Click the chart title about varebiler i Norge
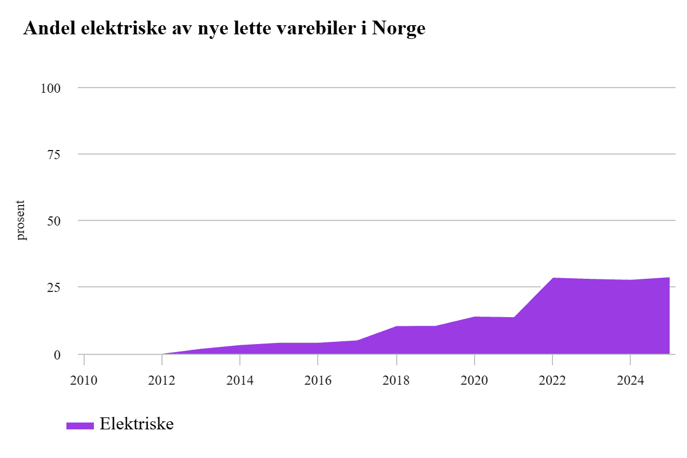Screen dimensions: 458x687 click(x=224, y=29)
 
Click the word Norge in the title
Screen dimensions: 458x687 click(x=398, y=29)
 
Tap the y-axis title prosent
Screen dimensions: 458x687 click(x=21, y=220)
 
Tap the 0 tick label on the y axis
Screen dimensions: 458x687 click(x=57, y=355)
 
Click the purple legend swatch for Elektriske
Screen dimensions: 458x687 click(x=80, y=425)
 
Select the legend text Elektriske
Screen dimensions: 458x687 click(x=136, y=424)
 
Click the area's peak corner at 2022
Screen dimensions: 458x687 click(x=552, y=278)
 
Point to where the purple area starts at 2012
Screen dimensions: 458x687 click(x=163, y=354)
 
